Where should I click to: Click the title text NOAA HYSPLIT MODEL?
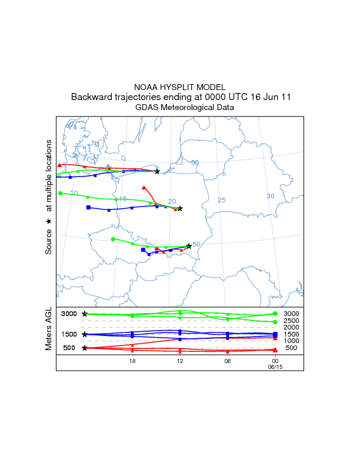click(179, 86)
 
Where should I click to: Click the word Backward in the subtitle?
click(90, 97)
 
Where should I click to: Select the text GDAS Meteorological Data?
click(184, 108)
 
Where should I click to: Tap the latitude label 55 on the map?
click(195, 162)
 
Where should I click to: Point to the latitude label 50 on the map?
click(196, 244)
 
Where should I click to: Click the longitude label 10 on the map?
click(74, 193)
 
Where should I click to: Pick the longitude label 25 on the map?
click(222, 200)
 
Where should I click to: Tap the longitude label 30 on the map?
click(271, 196)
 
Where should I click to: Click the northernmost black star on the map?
click(157, 171)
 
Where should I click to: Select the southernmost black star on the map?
click(189, 246)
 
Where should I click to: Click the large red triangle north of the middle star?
click(144, 188)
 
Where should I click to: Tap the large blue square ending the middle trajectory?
click(88, 208)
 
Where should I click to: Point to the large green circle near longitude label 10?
click(61, 193)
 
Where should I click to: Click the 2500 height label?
click(291, 321)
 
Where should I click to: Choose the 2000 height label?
click(291, 327)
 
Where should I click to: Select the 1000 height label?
click(291, 341)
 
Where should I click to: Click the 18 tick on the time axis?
click(132, 360)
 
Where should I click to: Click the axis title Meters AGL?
click(48, 329)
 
